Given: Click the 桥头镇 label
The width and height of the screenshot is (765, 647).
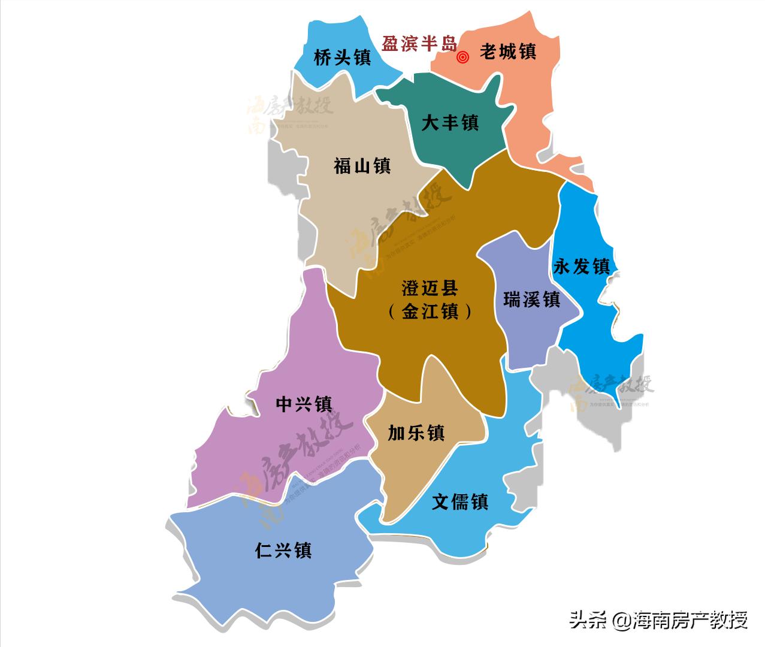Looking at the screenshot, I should coord(342,58).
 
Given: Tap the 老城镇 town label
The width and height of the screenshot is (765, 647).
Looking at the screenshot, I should coord(507,52).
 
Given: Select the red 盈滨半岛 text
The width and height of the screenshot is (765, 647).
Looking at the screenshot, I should coord(419,43).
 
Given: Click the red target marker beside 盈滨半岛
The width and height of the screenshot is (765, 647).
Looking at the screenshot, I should coord(462,58).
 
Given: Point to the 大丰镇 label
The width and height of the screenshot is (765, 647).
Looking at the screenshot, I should coord(450,123).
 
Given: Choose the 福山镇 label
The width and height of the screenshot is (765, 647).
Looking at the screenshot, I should coord(362,166).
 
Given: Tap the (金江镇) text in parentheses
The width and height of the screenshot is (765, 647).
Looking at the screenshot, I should coord(430,312).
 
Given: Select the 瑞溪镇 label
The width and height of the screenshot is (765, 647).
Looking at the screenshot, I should coord(531,299).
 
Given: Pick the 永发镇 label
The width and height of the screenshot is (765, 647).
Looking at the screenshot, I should coord(581,266).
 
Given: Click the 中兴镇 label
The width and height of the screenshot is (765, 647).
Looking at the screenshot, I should coord(304,404).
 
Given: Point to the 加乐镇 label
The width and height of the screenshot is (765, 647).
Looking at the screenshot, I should coord(416,433).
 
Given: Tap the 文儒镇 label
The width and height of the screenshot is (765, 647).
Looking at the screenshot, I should coord(460,501).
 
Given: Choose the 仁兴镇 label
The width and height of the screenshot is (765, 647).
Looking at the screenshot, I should coord(283,551).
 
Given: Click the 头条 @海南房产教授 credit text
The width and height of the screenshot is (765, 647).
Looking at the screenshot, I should coord(658,619).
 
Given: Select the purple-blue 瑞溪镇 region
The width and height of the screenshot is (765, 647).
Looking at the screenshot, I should coord(521,335).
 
